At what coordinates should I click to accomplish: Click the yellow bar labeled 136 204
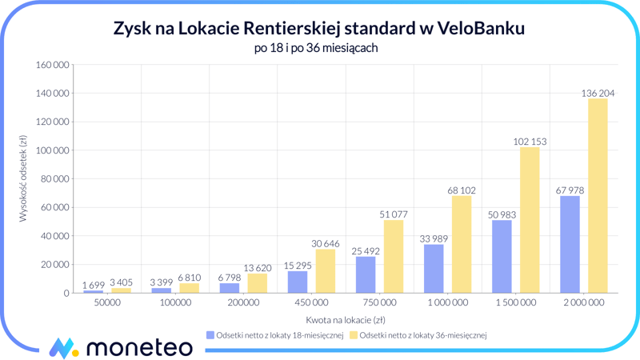tap(598, 196)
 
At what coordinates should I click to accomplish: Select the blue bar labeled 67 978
tap(570, 244)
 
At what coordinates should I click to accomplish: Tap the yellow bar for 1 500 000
tap(530, 220)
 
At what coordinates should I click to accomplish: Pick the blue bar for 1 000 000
tap(434, 269)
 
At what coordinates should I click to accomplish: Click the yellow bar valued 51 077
tap(394, 256)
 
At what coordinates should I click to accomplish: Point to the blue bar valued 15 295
tap(298, 282)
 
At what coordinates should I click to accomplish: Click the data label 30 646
tap(325, 243)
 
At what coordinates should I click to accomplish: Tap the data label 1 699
tap(93, 285)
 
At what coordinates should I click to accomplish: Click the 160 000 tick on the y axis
tap(51, 65)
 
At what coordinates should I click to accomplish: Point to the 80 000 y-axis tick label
tap(54, 179)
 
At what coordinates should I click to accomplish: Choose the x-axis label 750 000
tap(379, 303)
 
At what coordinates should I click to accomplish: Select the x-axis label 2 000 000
tap(584, 303)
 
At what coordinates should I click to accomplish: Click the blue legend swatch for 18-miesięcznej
tap(210, 335)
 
